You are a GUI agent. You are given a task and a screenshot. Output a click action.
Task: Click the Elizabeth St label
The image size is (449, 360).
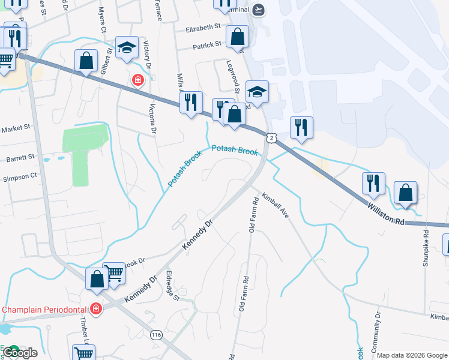pyautogui.click(x=203, y=28)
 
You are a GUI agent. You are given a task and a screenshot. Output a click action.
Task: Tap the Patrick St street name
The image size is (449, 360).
pyautogui.click(x=208, y=46)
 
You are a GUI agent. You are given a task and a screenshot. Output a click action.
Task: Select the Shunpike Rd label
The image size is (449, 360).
pyautogui.click(x=425, y=247)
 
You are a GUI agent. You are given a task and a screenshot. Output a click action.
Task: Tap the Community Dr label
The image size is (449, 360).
pyautogui.click(x=378, y=326)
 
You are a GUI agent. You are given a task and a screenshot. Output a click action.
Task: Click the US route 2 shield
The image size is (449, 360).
pyautogui.click(x=272, y=138)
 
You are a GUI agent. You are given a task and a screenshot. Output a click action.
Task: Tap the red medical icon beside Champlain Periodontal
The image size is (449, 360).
pyautogui.click(x=95, y=309)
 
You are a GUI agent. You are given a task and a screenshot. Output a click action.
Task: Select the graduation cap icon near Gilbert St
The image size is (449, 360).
pyautogui.click(x=127, y=48)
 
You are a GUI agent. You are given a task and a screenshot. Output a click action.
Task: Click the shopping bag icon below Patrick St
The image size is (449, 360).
pyautogui.click(x=238, y=37)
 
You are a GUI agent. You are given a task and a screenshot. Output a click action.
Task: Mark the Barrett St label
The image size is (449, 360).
pyautogui.click(x=20, y=158)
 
